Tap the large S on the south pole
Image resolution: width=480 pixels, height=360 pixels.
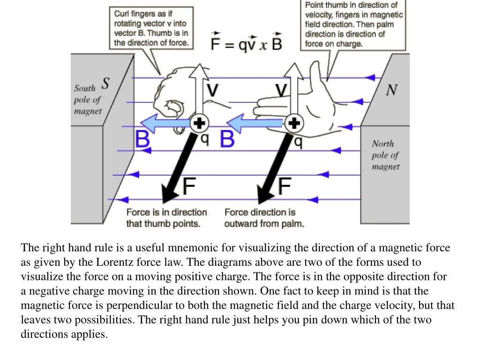coord(105,83)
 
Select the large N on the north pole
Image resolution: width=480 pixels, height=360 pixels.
coord(392,90)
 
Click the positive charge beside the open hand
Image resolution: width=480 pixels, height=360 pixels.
coord(294,123)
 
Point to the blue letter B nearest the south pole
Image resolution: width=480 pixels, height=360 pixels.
coord(142,140)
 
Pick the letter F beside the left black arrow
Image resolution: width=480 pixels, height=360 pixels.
coord(189,187)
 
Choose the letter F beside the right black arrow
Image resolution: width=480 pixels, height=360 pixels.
coord(285,187)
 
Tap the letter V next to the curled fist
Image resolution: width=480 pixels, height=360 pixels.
coord(212,90)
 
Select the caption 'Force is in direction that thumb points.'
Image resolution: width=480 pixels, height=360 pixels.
coord(166,218)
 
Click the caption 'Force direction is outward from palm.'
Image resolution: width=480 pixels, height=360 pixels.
coord(264,218)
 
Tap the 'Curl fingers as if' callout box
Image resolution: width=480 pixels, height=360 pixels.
coord(152,28)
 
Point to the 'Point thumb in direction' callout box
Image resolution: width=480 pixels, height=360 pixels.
coord(354,24)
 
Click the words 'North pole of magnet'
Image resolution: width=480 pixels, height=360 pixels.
coord(386,155)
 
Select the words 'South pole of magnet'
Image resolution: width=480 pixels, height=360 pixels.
coord(87,99)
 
